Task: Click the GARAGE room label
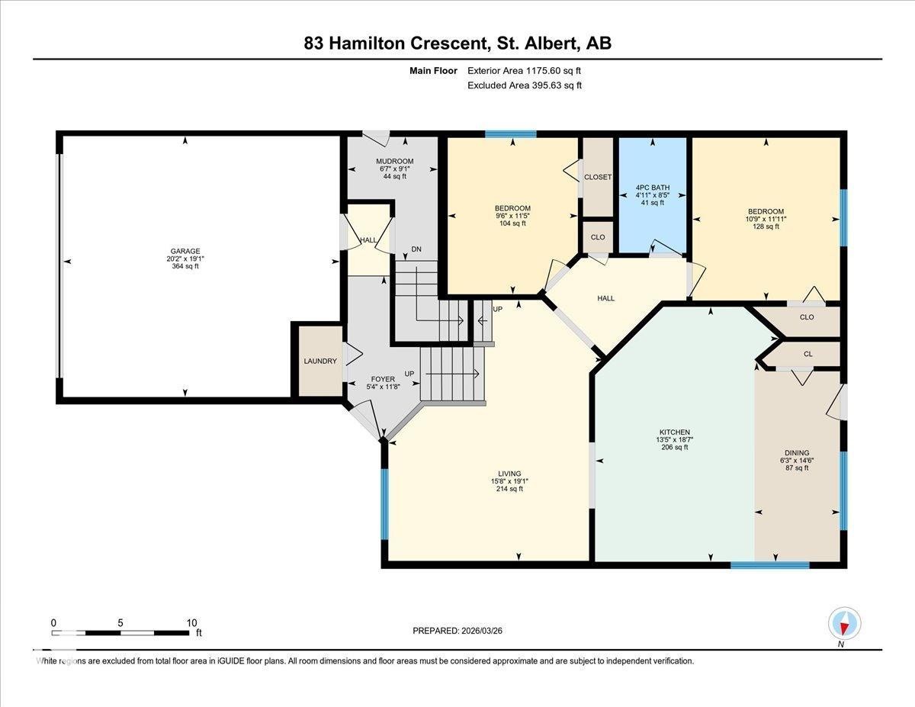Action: click(x=185, y=251)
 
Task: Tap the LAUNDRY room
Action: click(x=319, y=361)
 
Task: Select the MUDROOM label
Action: click(x=394, y=162)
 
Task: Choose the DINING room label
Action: click(x=797, y=453)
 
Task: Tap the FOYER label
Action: click(x=383, y=379)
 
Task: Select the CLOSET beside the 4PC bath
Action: click(x=598, y=177)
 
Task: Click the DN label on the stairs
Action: click(x=416, y=249)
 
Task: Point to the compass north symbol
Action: click(x=844, y=624)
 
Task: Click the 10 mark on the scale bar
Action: click(x=191, y=622)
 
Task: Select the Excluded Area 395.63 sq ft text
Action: click(x=524, y=85)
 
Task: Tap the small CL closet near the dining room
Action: click(x=807, y=354)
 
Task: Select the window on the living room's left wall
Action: click(x=384, y=503)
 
